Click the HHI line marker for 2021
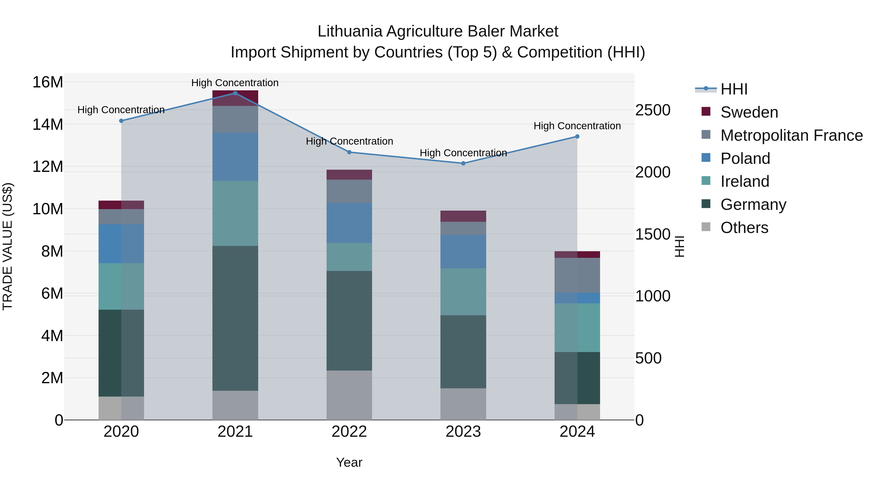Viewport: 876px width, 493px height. click(x=235, y=93)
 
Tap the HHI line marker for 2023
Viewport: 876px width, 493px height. click(x=463, y=163)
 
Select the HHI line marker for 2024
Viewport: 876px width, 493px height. click(x=577, y=136)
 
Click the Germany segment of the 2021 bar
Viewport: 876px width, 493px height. click(x=235, y=318)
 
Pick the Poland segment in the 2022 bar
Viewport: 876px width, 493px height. click(x=349, y=223)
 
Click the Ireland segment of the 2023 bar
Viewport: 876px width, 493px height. click(x=463, y=292)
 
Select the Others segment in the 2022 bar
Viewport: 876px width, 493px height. click(x=349, y=395)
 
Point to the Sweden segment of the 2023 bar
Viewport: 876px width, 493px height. click(x=463, y=216)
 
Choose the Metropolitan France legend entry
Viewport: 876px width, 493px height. click(x=791, y=135)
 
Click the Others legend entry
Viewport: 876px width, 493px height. click(x=744, y=228)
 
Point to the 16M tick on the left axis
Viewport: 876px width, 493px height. click(x=48, y=82)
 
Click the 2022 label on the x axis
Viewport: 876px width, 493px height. click(x=349, y=432)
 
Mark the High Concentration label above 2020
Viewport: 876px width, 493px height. click(x=121, y=110)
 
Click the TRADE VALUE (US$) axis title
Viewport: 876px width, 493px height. click(x=8, y=246)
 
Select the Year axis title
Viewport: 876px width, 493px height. click(x=349, y=462)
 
